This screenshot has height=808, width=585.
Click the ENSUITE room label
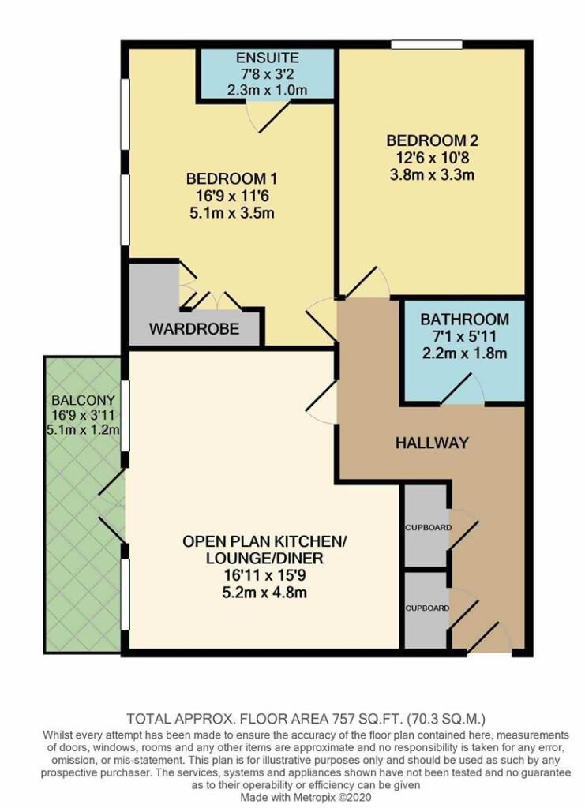pyautogui.click(x=267, y=57)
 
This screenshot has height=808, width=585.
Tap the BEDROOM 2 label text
pyautogui.click(x=432, y=140)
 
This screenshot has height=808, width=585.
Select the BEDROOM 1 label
pyautogui.click(x=231, y=179)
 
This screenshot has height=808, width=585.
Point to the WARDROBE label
pyautogui.click(x=194, y=328)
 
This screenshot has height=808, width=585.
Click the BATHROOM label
pyautogui.click(x=464, y=320)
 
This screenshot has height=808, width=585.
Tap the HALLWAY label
pyautogui.click(x=432, y=443)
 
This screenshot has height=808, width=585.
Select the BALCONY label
pyautogui.click(x=83, y=400)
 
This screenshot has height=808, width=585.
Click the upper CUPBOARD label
pyautogui.click(x=428, y=528)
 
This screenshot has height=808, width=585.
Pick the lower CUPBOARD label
pyautogui.click(x=427, y=608)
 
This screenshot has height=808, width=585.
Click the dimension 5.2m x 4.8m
pyautogui.click(x=264, y=592)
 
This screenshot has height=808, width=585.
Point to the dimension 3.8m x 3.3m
pyautogui.click(x=432, y=174)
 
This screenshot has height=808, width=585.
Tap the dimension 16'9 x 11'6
pyautogui.click(x=231, y=196)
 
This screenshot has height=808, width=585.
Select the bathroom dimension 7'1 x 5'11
pyautogui.click(x=464, y=336)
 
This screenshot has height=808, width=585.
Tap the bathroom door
pyautogui.click(x=462, y=388)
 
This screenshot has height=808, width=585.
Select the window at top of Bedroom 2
pyautogui.click(x=426, y=45)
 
